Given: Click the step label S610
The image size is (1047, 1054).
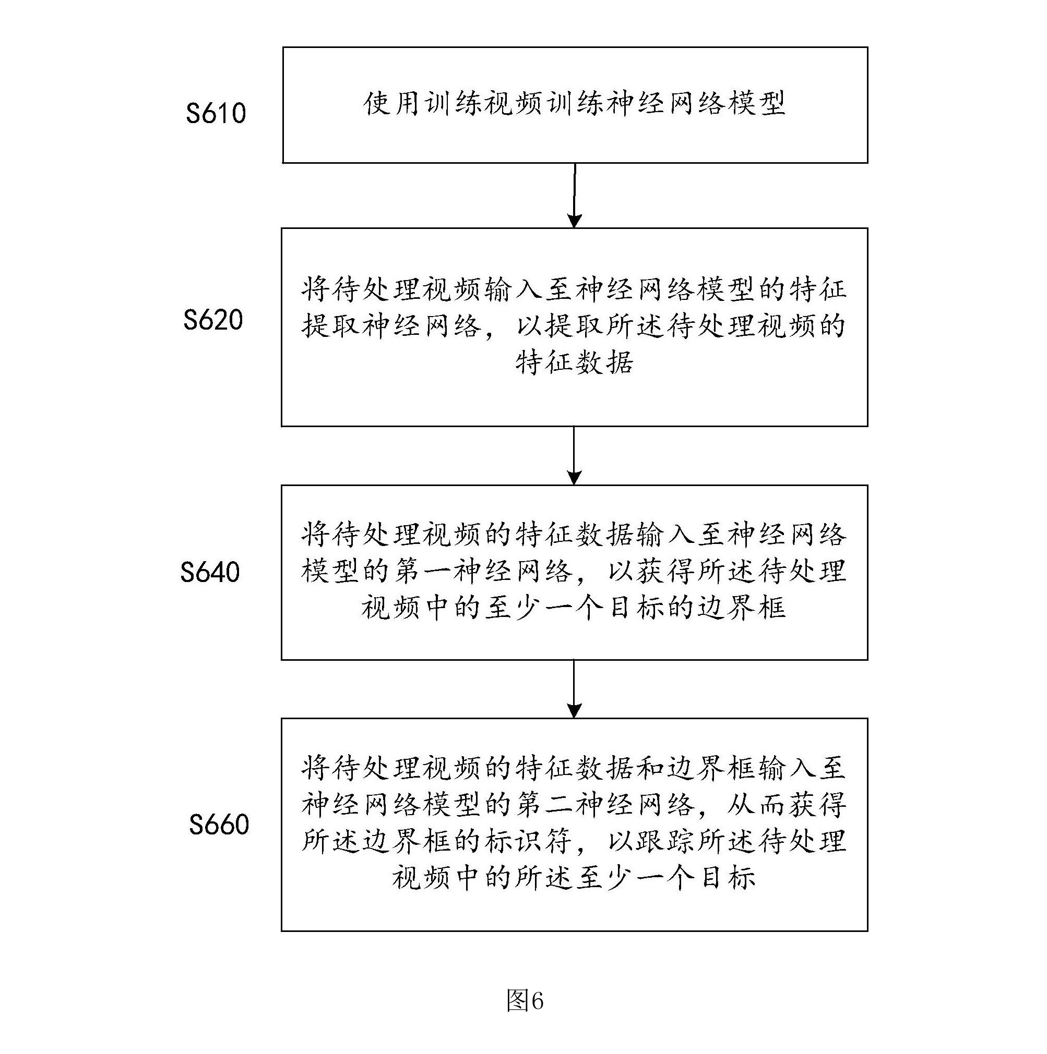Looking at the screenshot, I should click(216, 114).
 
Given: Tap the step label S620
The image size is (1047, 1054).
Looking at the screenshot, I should click(213, 320).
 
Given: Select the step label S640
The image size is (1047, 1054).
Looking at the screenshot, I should click(210, 572).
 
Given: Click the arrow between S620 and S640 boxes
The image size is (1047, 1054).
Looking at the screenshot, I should click(574, 455).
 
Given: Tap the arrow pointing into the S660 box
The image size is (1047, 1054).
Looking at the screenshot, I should click(574, 689).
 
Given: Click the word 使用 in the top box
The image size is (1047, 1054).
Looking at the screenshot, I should click(393, 104).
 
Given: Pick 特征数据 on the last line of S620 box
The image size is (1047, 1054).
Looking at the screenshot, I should click(574, 363).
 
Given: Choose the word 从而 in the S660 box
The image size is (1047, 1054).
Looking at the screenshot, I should click(757, 805).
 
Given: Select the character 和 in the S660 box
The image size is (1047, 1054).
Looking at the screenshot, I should click(650, 769).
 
